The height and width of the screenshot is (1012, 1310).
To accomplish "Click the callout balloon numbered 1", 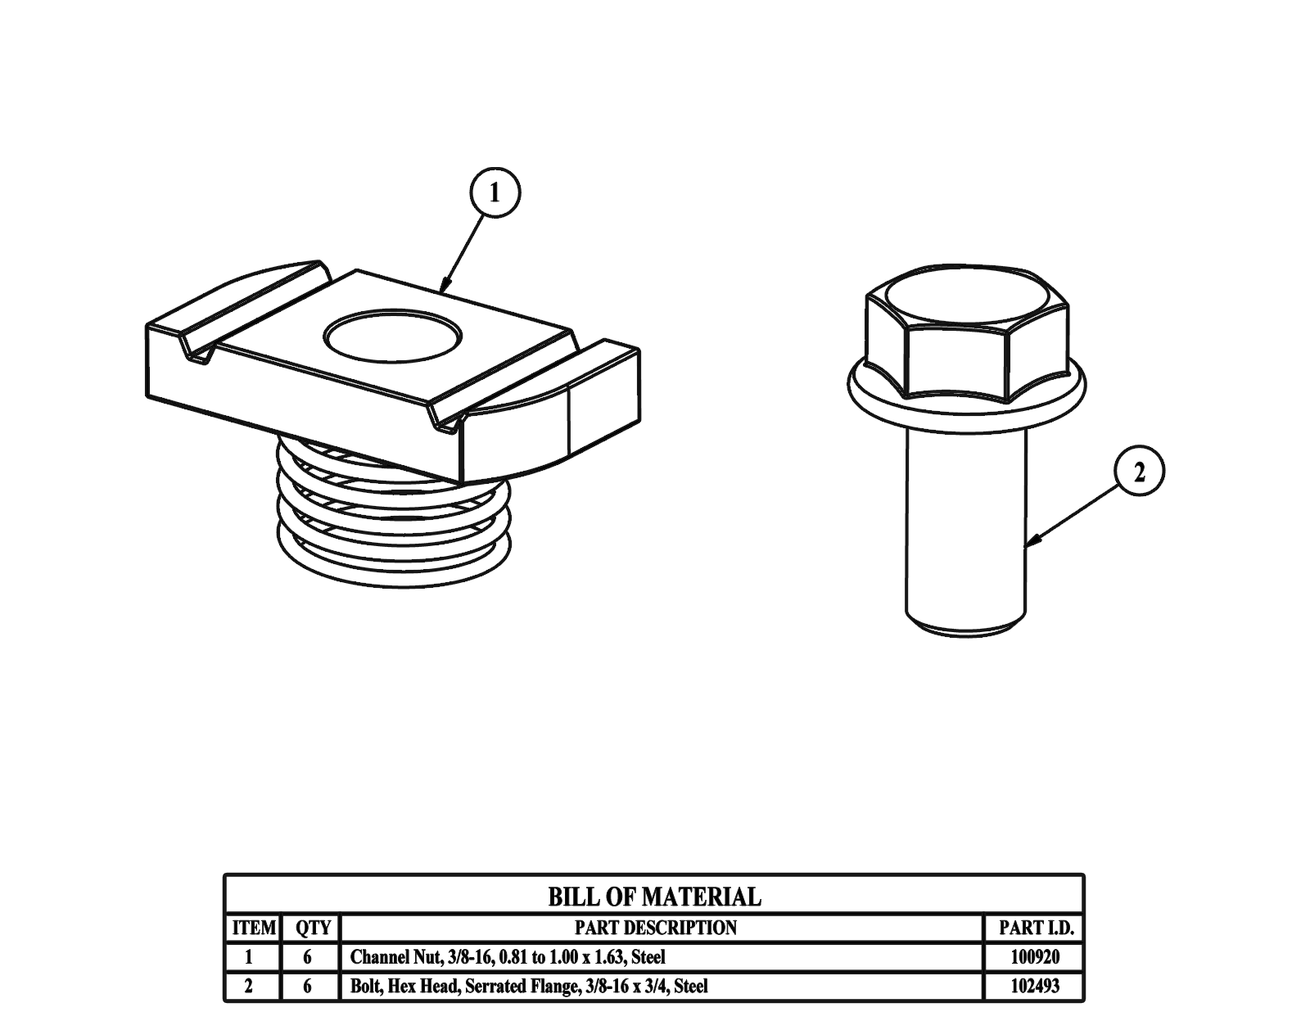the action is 495,192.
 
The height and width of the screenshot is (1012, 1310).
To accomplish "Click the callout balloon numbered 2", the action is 1139,471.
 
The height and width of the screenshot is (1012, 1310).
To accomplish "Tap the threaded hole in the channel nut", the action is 393,337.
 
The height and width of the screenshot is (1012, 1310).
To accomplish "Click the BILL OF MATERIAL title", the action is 654,897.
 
